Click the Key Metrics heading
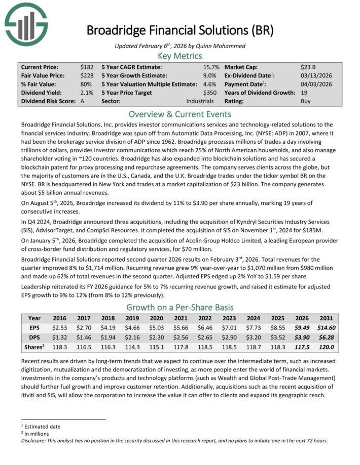tap(180, 56)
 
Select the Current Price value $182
tap(87, 67)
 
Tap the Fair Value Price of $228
tap(87, 75)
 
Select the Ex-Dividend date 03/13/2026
tap(316, 75)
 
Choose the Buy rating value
tap(306, 101)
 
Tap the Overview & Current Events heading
tap(180, 113)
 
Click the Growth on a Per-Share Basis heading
tap(180, 307)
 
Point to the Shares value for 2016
tap(59, 347)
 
